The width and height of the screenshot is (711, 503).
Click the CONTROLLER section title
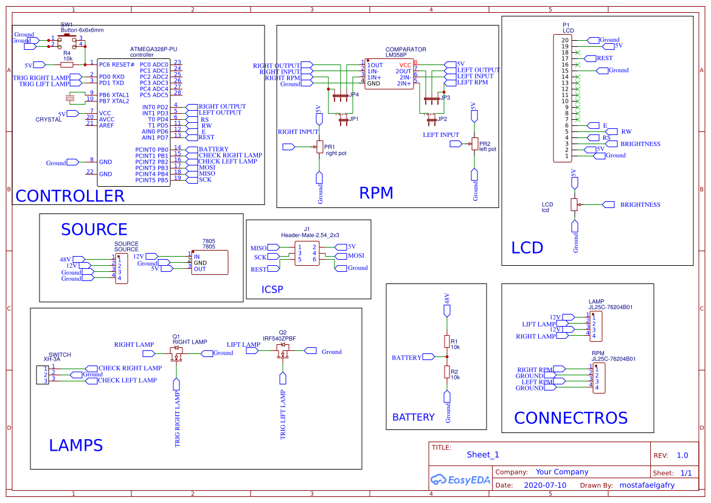69,196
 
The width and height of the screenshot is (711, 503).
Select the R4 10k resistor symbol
67,64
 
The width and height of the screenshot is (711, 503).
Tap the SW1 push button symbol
66,41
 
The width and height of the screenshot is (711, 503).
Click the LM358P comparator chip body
389,74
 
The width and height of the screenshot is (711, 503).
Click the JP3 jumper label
445,97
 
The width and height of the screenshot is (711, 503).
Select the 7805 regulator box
210,263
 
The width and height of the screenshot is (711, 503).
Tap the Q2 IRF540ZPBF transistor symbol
283,352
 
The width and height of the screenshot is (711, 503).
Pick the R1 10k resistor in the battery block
446,342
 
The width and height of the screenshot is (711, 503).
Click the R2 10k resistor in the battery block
446,372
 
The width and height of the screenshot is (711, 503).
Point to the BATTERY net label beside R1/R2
406,358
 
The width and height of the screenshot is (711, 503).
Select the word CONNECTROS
571,418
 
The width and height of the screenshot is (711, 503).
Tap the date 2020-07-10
544,485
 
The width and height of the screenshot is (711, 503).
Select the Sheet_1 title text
483,454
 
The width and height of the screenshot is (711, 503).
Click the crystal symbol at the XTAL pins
71,98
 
